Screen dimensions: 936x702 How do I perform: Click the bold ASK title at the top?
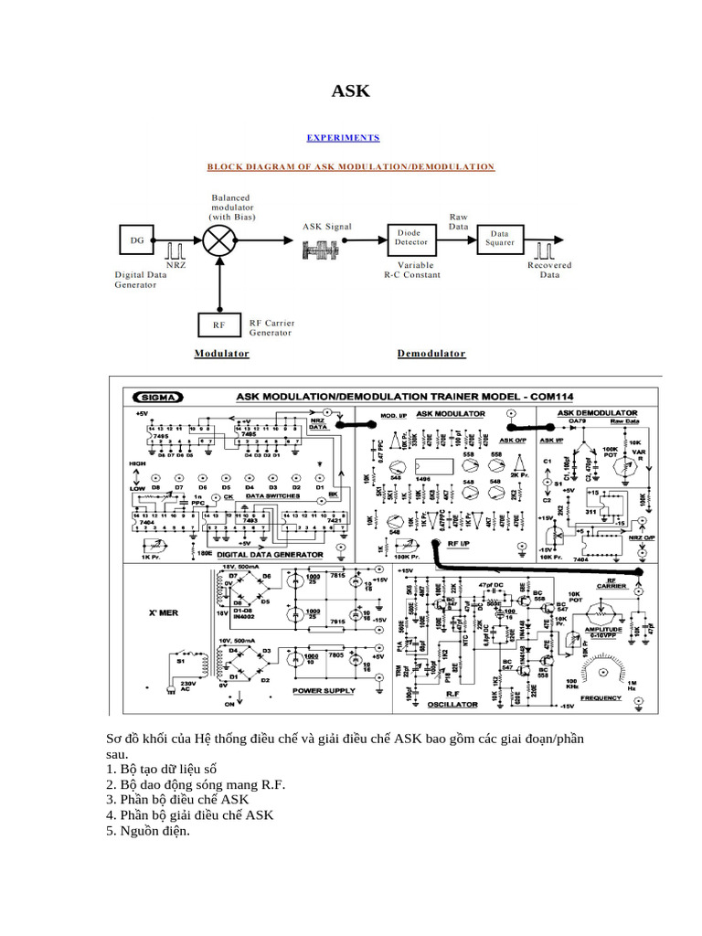350,90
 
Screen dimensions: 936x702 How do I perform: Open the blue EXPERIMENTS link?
343,138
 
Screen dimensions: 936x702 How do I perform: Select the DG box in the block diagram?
137,240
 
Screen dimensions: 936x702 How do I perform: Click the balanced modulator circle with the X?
219,240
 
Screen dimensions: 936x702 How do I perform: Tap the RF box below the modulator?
218,325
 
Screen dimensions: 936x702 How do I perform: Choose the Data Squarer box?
500,239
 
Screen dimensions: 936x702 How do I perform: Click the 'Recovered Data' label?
549,270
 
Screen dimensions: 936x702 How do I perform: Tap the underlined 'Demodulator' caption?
431,354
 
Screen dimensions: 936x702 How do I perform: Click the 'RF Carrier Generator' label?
271,328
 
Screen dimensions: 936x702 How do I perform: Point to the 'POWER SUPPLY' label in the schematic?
323,692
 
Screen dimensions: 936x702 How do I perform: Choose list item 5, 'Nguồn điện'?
147,831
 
